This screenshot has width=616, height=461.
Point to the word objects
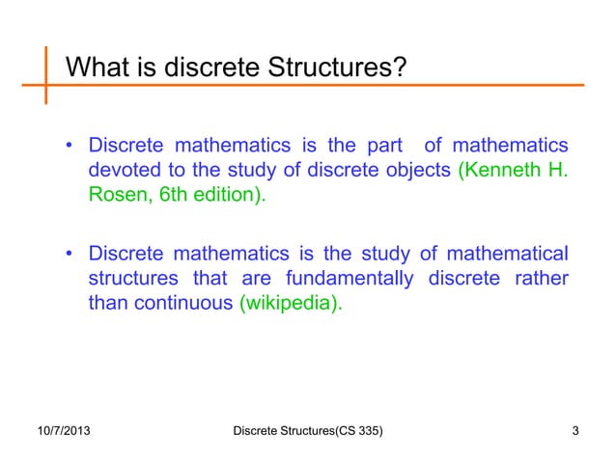pos(418,173)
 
